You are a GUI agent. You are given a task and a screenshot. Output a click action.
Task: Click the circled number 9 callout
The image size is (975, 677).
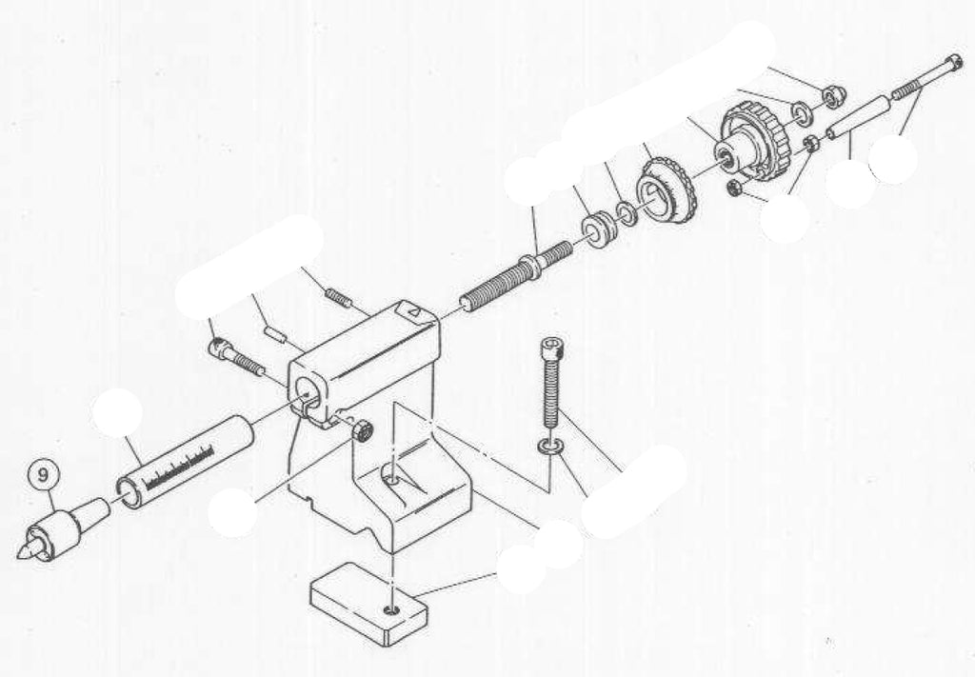(x=42, y=476)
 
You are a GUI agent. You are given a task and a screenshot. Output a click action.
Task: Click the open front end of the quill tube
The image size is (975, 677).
(x=129, y=495)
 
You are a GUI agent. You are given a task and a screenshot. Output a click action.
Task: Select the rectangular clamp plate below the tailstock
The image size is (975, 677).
(x=368, y=604)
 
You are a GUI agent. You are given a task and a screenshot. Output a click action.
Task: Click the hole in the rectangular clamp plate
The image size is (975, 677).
(x=391, y=608)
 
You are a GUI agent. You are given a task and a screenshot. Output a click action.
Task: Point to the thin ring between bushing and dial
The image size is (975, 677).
(x=626, y=212)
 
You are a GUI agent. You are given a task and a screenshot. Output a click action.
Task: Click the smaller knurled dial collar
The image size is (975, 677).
(x=667, y=190)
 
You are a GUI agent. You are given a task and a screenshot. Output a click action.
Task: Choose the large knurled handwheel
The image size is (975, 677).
(x=755, y=142)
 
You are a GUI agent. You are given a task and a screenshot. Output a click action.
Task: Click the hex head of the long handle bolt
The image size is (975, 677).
(x=949, y=65)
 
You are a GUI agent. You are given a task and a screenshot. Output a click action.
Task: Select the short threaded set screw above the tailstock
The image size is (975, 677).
(x=338, y=298)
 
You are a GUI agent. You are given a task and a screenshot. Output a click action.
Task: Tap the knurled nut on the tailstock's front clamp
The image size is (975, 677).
(x=361, y=430)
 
